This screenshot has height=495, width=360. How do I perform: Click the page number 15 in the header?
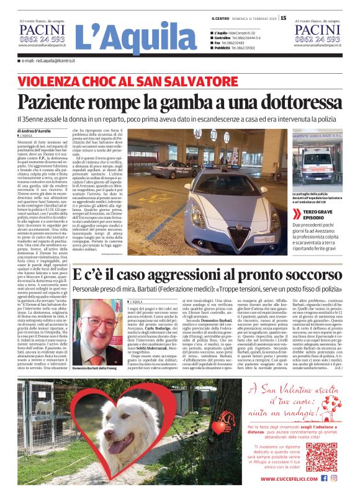coord(283,18)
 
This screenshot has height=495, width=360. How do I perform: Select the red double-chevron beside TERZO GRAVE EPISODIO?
coord(295,213)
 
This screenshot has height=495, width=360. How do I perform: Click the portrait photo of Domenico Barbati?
coord(96,334)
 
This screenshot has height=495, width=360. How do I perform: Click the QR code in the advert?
coord(321,457)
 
